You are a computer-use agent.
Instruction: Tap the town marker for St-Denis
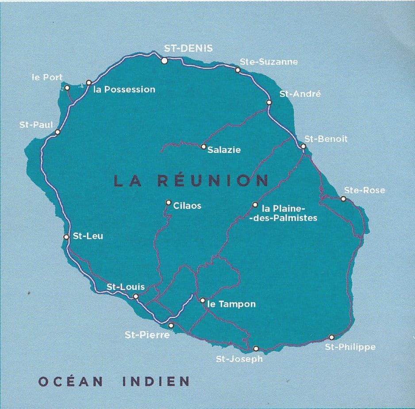pyautogui.click(x=164, y=61)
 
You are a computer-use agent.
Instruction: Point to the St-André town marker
pyautogui.click(x=269, y=103)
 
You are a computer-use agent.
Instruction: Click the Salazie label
pyautogui.click(x=224, y=150)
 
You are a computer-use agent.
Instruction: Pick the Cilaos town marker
pyautogui.click(x=168, y=203)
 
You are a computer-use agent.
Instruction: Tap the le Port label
pyautogui.click(x=47, y=77)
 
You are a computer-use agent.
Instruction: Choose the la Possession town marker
pyautogui.click(x=89, y=82)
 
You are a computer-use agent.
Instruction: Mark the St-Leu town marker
pyautogui.click(x=66, y=237)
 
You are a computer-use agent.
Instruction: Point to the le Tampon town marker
pyautogui.click(x=203, y=300)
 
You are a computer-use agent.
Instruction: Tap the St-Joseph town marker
pyautogui.click(x=256, y=348)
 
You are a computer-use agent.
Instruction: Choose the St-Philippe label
pyautogui.click(x=350, y=347)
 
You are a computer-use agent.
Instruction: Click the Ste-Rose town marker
pyautogui.click(x=343, y=199)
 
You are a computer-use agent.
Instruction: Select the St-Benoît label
pyautogui.click(x=326, y=139)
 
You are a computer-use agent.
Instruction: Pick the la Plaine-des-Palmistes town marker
pyautogui.click(x=255, y=204)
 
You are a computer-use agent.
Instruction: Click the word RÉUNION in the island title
pyautogui.click(x=212, y=181)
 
